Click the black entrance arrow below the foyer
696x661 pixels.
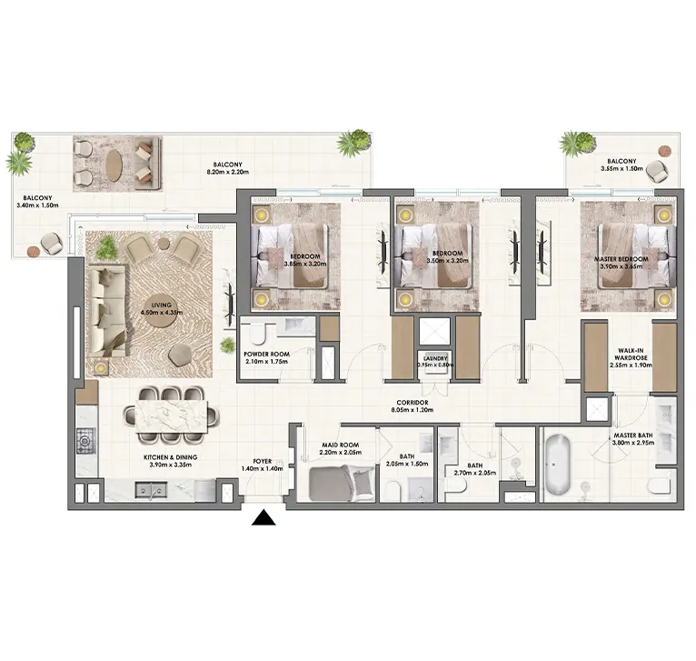point(263,518)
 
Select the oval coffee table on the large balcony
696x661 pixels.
point(114,165)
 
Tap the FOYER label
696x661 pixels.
point(263,461)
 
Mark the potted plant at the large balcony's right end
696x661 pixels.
point(353,143)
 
